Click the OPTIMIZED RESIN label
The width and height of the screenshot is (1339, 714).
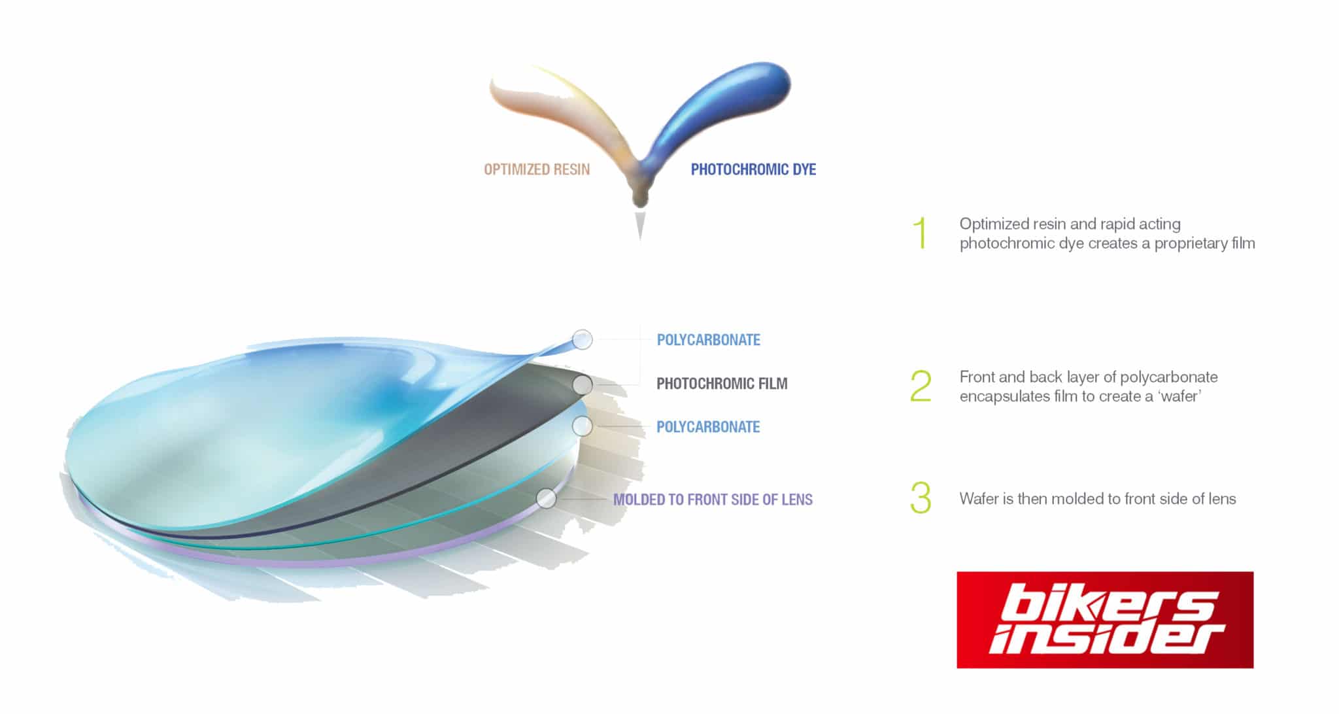tap(537, 169)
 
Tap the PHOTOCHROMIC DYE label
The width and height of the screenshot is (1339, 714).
tap(753, 169)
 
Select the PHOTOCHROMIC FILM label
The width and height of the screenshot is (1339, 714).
tap(722, 383)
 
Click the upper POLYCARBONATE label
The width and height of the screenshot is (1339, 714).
tap(708, 340)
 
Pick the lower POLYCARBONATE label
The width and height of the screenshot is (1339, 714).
tap(708, 427)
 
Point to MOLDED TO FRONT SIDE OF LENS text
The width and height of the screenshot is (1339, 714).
tap(713, 500)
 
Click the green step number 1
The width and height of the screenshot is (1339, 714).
tap(921, 233)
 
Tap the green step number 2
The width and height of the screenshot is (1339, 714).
tap(921, 386)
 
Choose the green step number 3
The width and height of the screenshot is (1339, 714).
tap(921, 498)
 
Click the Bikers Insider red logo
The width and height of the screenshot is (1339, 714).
tap(1105, 620)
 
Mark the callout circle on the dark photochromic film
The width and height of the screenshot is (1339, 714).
tap(582, 385)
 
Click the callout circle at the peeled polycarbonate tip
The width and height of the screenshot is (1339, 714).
tap(582, 339)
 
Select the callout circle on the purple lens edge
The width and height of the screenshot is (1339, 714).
tap(546, 499)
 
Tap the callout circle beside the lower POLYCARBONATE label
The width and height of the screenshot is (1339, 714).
tap(582, 427)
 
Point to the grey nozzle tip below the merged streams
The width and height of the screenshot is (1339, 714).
tap(640, 226)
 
